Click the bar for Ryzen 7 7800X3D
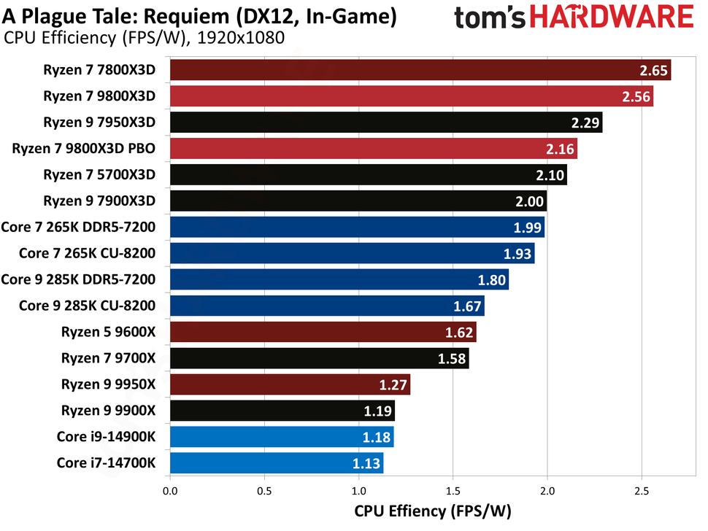420,70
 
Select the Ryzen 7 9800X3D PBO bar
373,149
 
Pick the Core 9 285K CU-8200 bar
327,306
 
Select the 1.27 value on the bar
392,384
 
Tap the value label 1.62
458,332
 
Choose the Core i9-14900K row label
106,436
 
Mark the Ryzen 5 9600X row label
109,332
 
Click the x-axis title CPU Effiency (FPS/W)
433,512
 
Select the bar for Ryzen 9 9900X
282,410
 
